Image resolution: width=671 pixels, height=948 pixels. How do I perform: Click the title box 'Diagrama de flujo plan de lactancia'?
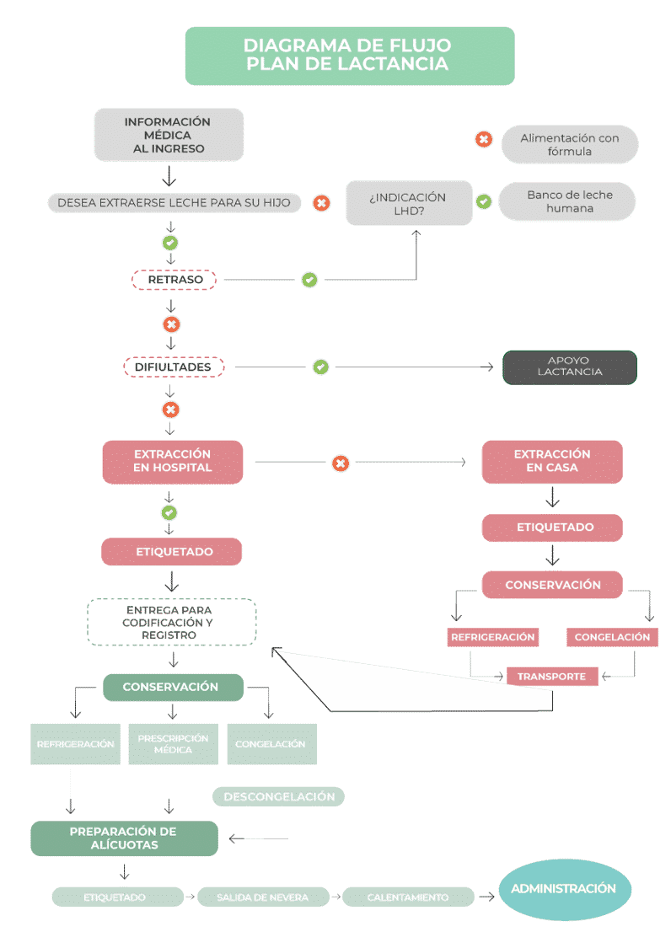[349, 56]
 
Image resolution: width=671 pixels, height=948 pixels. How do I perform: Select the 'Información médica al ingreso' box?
[169, 135]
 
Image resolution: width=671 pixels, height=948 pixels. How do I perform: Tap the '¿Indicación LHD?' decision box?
[409, 204]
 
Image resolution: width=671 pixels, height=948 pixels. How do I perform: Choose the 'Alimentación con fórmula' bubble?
[569, 145]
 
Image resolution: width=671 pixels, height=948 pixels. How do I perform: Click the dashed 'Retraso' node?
[174, 280]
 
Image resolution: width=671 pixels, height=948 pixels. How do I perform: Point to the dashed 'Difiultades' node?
[174, 367]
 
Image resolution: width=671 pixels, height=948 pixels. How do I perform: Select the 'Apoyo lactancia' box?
[569, 367]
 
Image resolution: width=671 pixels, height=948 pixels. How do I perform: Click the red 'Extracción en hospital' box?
[172, 461]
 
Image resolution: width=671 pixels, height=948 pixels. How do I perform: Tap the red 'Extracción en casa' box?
[552, 461]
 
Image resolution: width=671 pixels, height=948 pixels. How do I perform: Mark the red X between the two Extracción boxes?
[341, 463]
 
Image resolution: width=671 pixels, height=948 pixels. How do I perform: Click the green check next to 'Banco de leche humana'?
[484, 201]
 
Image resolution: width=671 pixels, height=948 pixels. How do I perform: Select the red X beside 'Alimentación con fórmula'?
[484, 139]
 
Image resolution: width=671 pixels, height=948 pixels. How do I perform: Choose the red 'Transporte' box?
[551, 676]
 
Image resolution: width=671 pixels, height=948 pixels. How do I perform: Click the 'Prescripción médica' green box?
[173, 744]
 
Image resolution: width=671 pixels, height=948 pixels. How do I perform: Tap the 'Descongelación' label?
[279, 796]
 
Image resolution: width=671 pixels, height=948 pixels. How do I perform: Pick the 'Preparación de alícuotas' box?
[124, 838]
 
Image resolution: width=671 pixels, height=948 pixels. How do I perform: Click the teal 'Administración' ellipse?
[564, 889]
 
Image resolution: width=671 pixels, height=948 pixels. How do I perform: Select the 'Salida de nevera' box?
[262, 897]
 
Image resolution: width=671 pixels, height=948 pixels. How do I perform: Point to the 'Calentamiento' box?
[408, 897]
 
